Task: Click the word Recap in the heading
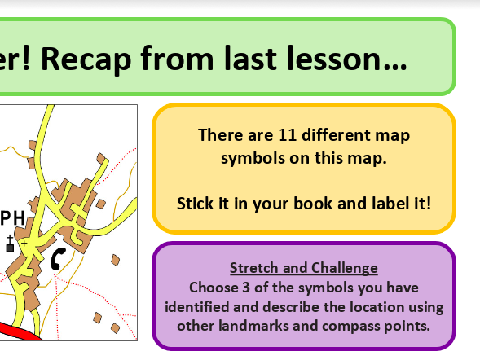(x=86, y=59)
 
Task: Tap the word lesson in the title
(x=346, y=58)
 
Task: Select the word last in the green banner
(x=250, y=58)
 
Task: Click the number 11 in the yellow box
(x=287, y=135)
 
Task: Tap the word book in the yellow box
(x=313, y=204)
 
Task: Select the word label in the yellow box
(x=390, y=204)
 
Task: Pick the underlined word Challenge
(x=345, y=269)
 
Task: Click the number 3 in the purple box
(x=246, y=288)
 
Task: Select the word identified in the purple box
(x=197, y=307)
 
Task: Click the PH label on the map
(x=12, y=218)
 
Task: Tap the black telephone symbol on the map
(x=57, y=259)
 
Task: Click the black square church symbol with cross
(x=10, y=244)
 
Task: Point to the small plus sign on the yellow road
(x=24, y=244)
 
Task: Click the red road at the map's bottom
(x=19, y=331)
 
